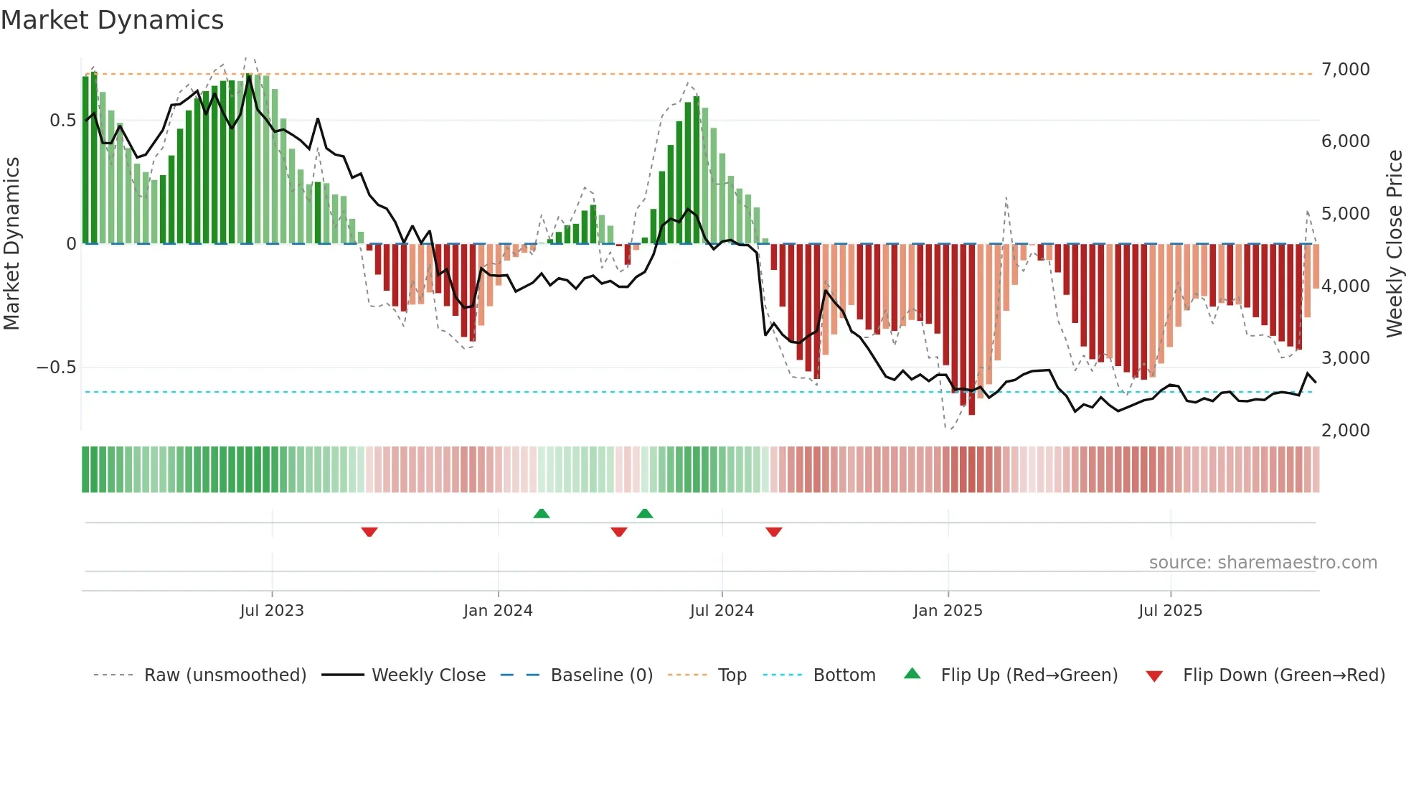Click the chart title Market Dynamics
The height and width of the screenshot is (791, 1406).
point(113,20)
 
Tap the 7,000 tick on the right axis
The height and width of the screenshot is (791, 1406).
point(1345,70)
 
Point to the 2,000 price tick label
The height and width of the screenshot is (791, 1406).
point(1345,430)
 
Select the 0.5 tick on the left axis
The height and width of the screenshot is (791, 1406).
point(62,121)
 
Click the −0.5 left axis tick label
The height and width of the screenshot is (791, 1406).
point(56,368)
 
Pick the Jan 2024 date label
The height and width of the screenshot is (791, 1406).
point(498,611)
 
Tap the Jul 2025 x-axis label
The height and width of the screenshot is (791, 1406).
point(1170,611)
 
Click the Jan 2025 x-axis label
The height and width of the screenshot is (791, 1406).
point(948,611)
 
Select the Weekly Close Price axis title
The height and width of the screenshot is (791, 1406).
point(1394,243)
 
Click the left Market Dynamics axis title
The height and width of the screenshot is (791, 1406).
point(11,243)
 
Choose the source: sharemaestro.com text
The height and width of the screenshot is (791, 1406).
point(1263,563)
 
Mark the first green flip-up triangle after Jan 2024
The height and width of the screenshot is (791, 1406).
point(542,514)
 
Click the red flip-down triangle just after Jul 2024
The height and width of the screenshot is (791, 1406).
point(773,532)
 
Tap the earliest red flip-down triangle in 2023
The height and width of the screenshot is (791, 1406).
point(369,532)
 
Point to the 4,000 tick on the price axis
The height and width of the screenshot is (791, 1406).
point(1345,286)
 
